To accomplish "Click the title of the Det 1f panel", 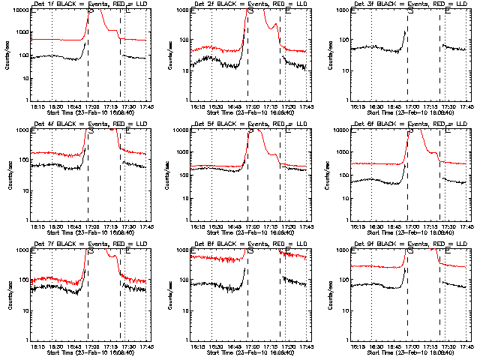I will click(88, 4).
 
